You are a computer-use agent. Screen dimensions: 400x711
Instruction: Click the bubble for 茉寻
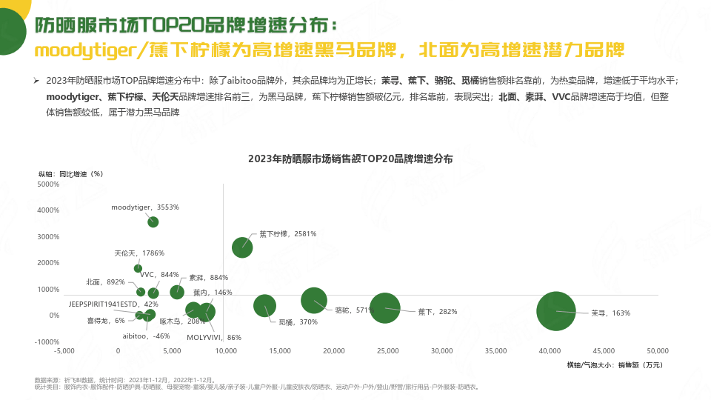coord(556,312)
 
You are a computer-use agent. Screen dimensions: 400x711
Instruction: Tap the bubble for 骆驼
coord(315,300)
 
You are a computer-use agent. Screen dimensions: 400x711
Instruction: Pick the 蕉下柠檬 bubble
coord(243,247)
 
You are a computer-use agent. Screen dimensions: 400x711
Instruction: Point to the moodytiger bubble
coord(153,221)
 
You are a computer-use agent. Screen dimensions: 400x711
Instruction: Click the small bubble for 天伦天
coord(138,268)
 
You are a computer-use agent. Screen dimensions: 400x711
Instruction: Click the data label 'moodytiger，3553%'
coord(145,207)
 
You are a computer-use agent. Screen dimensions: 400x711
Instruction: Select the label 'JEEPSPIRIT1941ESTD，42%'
coord(113,304)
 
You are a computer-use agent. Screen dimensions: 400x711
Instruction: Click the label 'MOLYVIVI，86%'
coord(214,338)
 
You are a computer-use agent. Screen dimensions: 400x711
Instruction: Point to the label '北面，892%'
coord(105,282)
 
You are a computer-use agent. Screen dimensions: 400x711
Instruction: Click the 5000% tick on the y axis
coord(48,184)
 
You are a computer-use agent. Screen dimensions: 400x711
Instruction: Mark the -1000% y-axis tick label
coord(47,341)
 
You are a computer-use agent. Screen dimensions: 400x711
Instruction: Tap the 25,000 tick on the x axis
coord(388,350)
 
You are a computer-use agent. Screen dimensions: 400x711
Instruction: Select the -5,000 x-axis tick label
coord(64,350)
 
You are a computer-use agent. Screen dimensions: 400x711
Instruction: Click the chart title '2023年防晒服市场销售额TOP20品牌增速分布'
coord(350,159)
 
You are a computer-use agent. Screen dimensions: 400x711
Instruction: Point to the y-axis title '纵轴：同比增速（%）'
coord(70,173)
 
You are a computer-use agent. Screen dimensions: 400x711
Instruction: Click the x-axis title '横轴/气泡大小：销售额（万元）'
coord(615,364)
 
